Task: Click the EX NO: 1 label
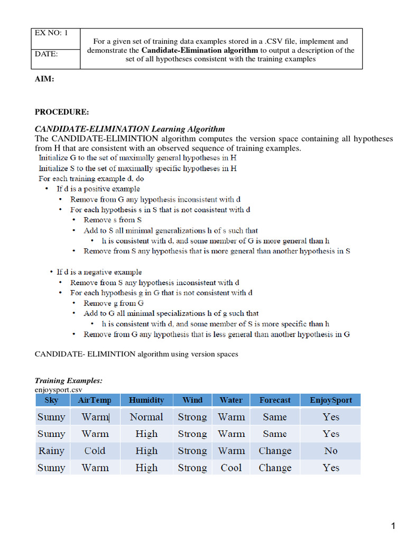click(51, 33)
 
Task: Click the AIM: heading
click(44, 79)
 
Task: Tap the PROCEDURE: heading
click(62, 112)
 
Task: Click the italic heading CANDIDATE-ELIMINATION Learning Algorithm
click(130, 129)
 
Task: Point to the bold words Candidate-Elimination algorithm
click(200, 50)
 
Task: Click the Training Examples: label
click(68, 380)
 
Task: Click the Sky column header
click(51, 400)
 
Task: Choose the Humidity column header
click(146, 400)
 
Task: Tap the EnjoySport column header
click(330, 400)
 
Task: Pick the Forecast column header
click(275, 400)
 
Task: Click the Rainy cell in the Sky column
click(51, 451)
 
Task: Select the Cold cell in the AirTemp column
click(95, 451)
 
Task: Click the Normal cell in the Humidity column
click(146, 417)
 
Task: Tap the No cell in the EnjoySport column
click(330, 451)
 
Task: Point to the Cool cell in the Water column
click(231, 468)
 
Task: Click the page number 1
click(393, 526)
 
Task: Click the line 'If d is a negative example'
click(99, 272)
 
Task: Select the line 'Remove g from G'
click(114, 303)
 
